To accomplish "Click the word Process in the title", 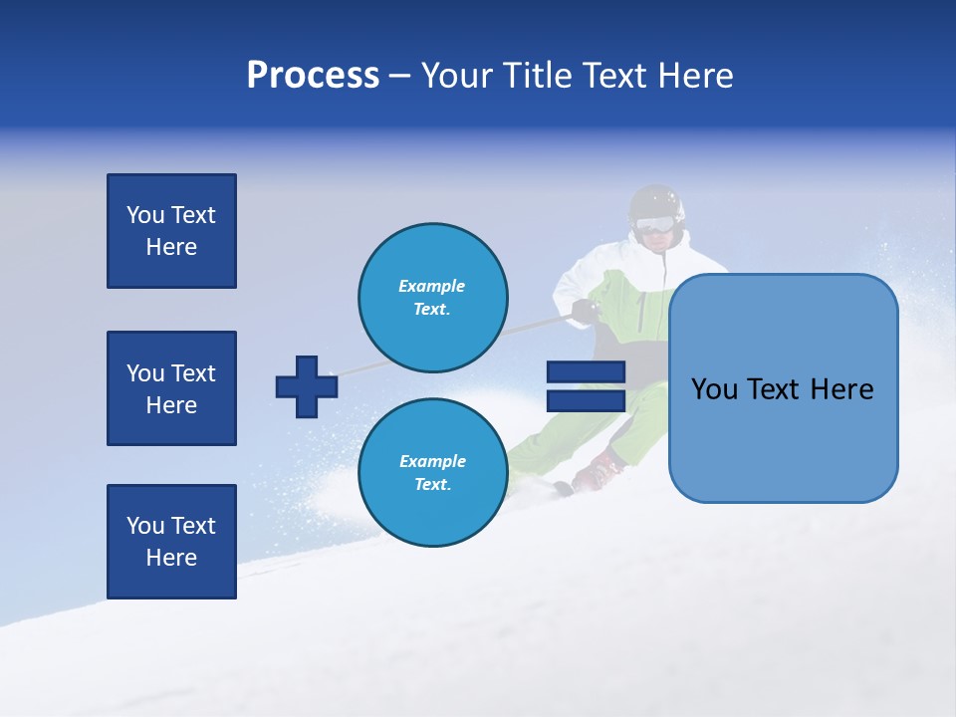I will (313, 76).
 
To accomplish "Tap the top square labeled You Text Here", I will (171, 231).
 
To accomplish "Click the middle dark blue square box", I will (171, 388).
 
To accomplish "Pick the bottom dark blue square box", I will (171, 542).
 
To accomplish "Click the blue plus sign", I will (307, 386).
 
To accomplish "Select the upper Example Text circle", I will (433, 297).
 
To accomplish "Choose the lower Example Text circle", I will (433, 472).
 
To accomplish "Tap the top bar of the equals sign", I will (586, 372).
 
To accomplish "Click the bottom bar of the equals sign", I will (586, 400).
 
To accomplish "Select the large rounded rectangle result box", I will (783, 388).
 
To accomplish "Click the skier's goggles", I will (654, 225).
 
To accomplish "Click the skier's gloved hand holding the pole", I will (585, 312).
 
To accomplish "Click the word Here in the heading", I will (696, 76).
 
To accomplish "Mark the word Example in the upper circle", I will (432, 286).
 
